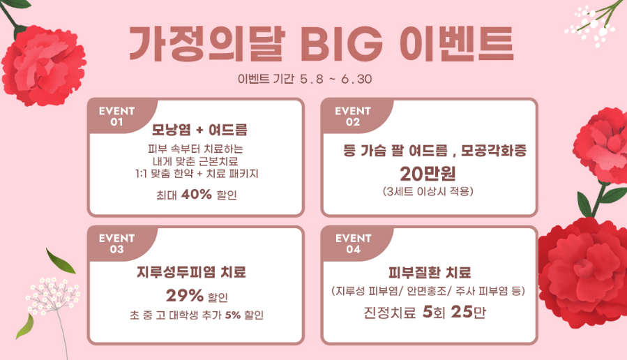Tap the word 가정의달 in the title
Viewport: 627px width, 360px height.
(206, 44)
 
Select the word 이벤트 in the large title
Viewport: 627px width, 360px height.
(456, 44)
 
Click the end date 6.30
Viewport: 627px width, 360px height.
(356, 80)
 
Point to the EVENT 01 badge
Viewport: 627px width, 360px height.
(116, 117)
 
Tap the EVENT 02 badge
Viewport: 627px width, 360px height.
(353, 117)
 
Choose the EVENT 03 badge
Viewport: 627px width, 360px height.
(116, 243)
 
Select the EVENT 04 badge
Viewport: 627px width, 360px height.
(354, 243)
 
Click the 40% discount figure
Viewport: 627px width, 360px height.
(197, 195)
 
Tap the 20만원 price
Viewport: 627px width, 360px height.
(428, 174)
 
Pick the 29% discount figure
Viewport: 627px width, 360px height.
(185, 296)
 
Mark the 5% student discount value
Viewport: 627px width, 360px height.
(233, 315)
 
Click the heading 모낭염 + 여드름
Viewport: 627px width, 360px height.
(199, 130)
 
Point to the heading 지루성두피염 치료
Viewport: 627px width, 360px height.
(192, 272)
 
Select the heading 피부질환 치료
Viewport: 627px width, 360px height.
(430, 273)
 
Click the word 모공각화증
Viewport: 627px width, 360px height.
(494, 151)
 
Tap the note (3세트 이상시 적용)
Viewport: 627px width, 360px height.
(428, 192)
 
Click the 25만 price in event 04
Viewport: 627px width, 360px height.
(468, 312)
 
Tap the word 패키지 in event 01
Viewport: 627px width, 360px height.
(244, 174)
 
